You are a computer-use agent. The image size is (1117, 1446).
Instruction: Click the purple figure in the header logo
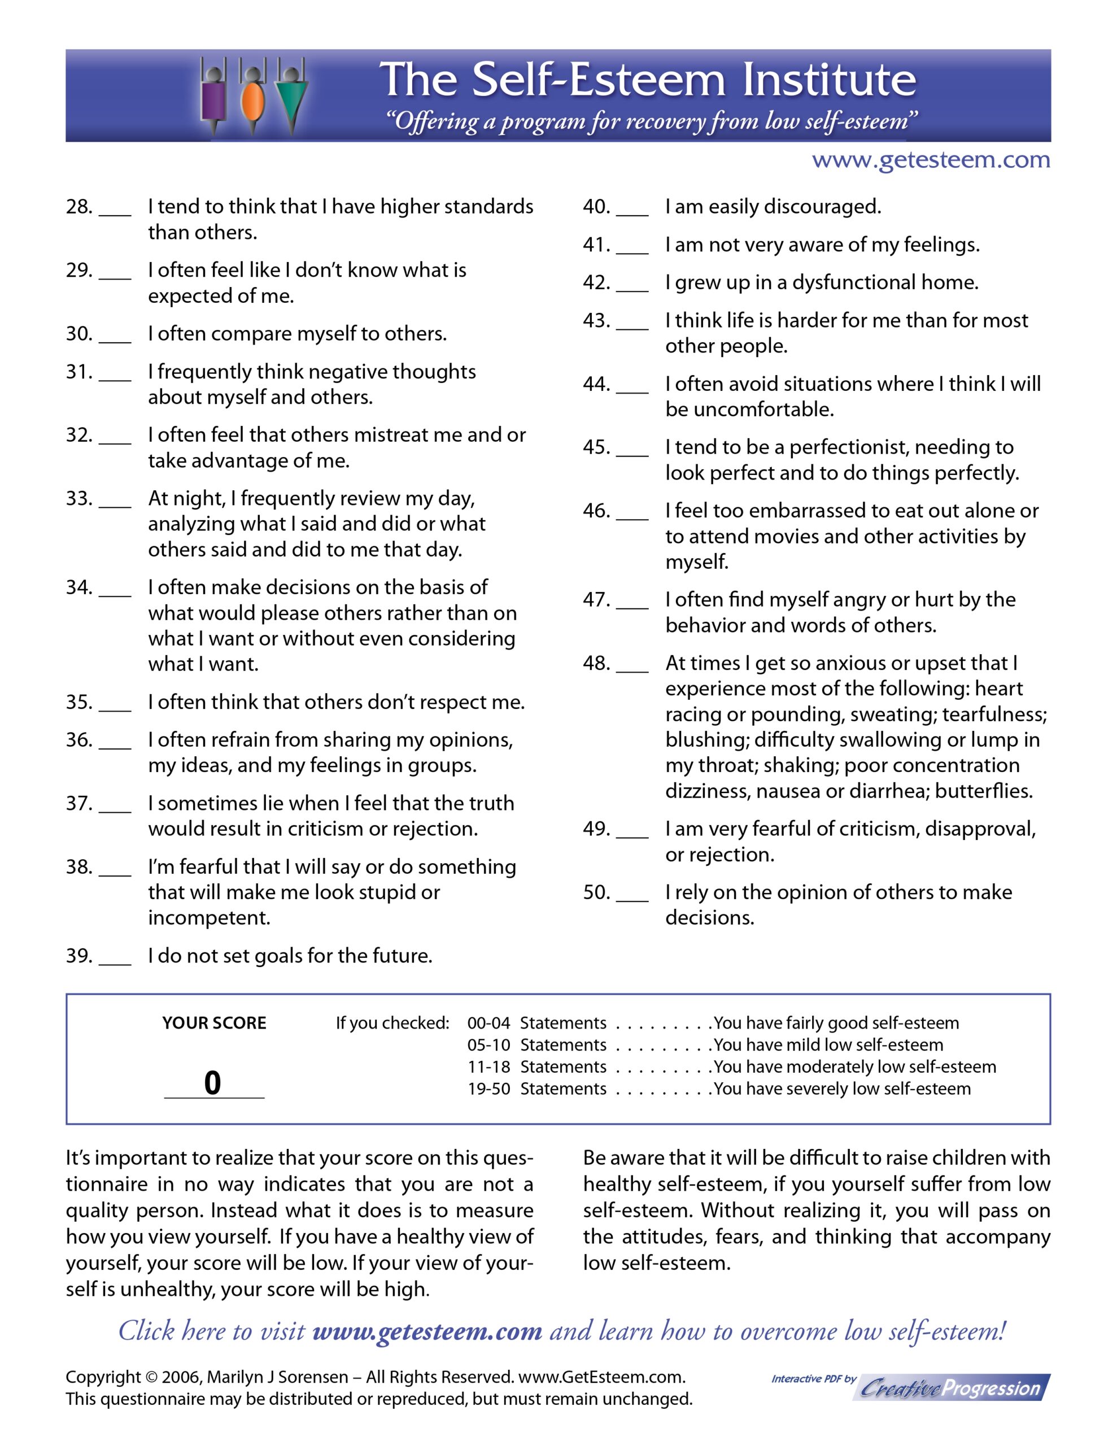tap(214, 100)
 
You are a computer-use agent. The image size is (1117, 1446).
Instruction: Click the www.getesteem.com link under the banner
tap(930, 160)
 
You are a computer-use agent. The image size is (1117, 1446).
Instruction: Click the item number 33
tap(79, 498)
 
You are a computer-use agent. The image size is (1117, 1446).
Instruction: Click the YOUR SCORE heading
tap(214, 1023)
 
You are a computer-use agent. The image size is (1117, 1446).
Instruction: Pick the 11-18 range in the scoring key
tap(488, 1066)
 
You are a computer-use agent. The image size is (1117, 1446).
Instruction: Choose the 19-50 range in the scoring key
tap(488, 1088)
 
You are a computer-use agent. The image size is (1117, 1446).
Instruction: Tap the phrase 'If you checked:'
tap(392, 1023)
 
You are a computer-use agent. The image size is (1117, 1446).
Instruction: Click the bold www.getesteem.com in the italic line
tap(427, 1331)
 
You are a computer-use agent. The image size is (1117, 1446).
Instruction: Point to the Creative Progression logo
tap(952, 1388)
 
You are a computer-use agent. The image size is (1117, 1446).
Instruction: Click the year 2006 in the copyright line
tap(180, 1377)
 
